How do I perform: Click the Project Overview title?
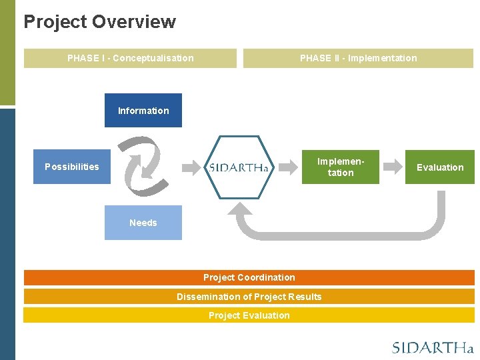[99, 22]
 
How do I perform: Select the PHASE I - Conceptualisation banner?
[130, 58]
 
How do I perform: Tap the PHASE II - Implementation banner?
[358, 58]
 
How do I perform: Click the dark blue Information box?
[143, 111]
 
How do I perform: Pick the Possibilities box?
[72, 167]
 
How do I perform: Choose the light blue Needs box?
[143, 223]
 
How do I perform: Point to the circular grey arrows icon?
[146, 165]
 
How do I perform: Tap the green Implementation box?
[340, 167]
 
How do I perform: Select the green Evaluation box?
[440, 167]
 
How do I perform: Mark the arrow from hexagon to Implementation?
[287, 166]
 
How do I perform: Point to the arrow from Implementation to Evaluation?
[395, 166]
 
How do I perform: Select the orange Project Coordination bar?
[249, 277]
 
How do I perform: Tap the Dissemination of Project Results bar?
[249, 297]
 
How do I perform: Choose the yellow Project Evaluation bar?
[249, 315]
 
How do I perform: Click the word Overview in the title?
[134, 22]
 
